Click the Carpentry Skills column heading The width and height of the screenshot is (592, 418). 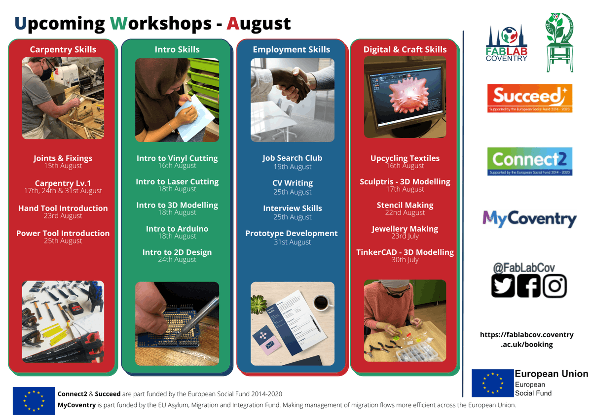click(63, 49)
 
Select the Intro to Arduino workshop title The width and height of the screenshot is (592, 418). click(177, 229)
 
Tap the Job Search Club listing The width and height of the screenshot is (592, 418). click(292, 158)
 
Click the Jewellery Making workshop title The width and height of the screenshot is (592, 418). click(405, 229)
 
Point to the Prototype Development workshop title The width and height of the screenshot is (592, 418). click(292, 234)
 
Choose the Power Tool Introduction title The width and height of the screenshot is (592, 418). click(63, 234)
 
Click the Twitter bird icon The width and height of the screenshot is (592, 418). click(503, 286)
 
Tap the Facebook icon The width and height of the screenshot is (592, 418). click(529, 286)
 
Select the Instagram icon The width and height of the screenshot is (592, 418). click(555, 286)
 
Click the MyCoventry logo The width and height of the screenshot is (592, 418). click(529, 218)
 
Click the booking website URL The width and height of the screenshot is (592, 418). click(526, 340)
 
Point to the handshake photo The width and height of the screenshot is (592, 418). click(292, 100)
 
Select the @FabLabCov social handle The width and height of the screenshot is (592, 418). click(523, 268)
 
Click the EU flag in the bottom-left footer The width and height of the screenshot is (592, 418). click(34, 400)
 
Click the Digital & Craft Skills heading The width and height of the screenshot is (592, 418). click(405, 49)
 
